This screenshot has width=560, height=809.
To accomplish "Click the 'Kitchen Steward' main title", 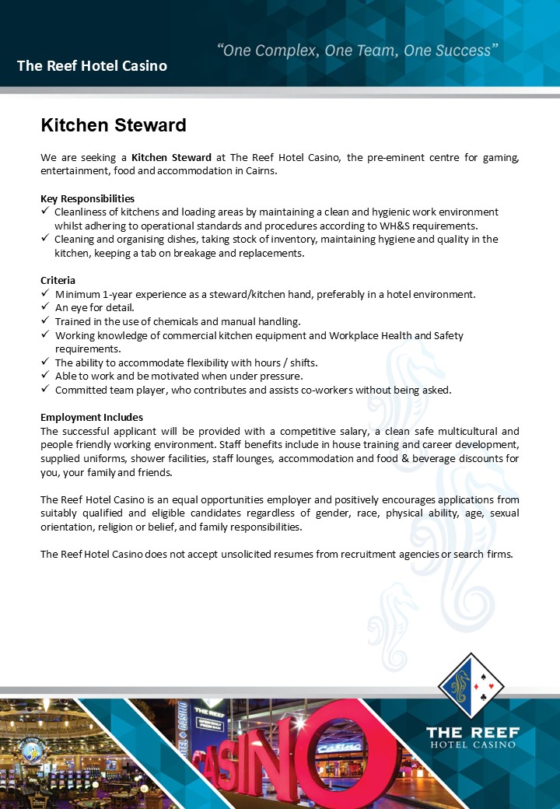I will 114,125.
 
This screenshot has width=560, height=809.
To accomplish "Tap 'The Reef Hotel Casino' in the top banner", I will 92,66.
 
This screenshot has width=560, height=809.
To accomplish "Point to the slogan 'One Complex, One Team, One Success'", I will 357,51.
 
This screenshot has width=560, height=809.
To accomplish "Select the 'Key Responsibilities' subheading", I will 87,198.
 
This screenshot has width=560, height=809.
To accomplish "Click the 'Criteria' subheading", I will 58,280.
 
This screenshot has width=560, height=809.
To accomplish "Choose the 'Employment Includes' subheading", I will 92,417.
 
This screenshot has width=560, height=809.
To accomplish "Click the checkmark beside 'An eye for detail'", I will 44,307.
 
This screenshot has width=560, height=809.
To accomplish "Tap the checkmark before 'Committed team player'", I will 44,390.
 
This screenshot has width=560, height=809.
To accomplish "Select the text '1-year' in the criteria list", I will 120,294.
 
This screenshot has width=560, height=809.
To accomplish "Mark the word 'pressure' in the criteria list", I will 282,376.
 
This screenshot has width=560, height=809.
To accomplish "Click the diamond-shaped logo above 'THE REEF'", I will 471,685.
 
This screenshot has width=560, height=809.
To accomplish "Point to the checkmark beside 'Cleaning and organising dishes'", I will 44,239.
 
